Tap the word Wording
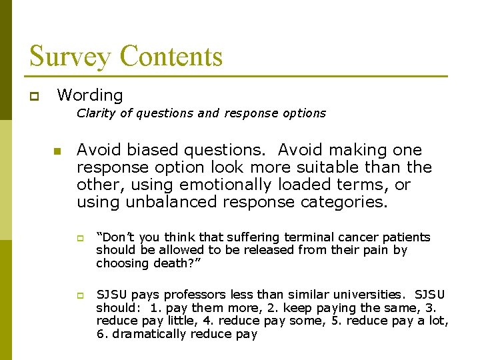pyautogui.click(x=90, y=95)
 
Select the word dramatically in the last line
pyautogui.click(x=147, y=334)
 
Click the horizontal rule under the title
pyautogui.click(x=238, y=77)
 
